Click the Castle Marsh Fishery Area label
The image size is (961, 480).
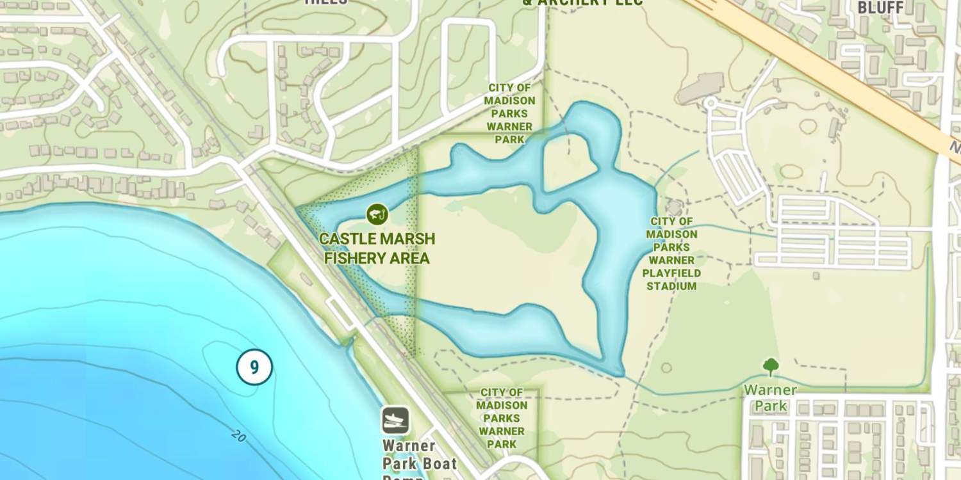point(377,248)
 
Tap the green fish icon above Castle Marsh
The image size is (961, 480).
point(377,214)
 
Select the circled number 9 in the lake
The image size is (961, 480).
point(254,367)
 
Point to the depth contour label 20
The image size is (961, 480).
point(238,436)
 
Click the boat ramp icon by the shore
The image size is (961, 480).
point(395,420)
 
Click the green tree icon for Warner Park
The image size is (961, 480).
point(771,367)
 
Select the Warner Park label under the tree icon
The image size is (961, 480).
point(771,397)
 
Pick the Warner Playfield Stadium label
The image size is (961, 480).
point(671,254)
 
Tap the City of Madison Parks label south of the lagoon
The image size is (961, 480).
point(502,418)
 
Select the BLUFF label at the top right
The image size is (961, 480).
point(880,8)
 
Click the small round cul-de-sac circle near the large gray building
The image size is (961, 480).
point(709,103)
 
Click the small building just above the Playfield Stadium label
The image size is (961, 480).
point(674,207)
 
